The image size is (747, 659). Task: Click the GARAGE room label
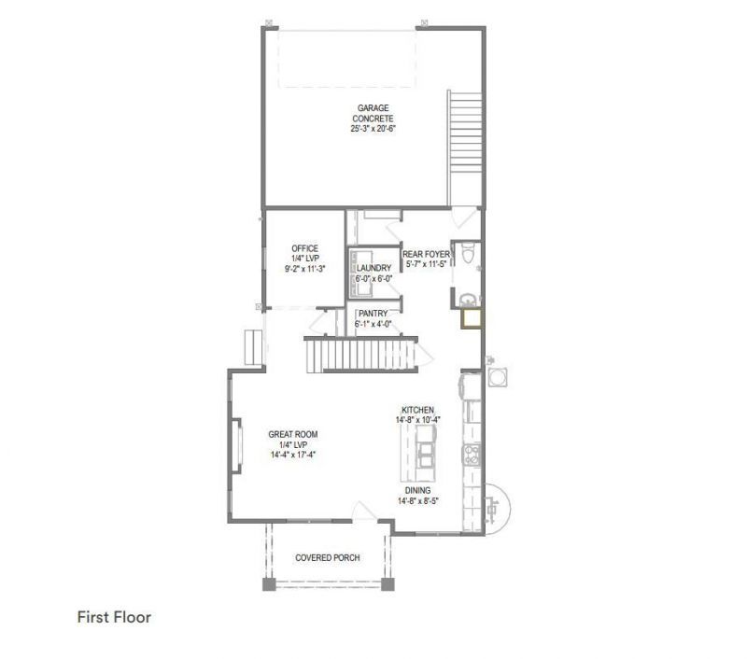pyautogui.click(x=373, y=108)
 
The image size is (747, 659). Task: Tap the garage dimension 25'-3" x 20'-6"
pyautogui.click(x=373, y=129)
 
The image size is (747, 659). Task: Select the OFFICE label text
pyautogui.click(x=305, y=248)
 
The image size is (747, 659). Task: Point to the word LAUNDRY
pyautogui.click(x=374, y=268)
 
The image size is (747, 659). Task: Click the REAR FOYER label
pyautogui.click(x=426, y=254)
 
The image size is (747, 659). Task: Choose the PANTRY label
pyautogui.click(x=373, y=314)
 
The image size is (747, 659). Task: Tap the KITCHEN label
pyautogui.click(x=417, y=410)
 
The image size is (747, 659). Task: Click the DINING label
pyautogui.click(x=417, y=490)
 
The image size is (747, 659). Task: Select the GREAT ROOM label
pyautogui.click(x=293, y=434)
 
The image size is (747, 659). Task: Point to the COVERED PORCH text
pyautogui.click(x=328, y=557)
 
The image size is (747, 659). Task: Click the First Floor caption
pyautogui.click(x=114, y=617)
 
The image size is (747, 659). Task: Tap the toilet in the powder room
pyautogui.click(x=469, y=253)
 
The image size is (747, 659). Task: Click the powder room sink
pyautogui.click(x=468, y=300)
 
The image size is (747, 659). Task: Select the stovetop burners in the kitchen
pyautogui.click(x=472, y=455)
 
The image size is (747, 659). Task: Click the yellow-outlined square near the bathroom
pyautogui.click(x=472, y=318)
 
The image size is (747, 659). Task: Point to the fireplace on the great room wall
pyautogui.click(x=237, y=445)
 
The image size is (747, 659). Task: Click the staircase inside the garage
pyautogui.click(x=465, y=148)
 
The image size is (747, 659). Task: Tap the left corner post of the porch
pyautogui.click(x=269, y=584)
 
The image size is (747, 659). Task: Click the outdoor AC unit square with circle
pyautogui.click(x=497, y=377)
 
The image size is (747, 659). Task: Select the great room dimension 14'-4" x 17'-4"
pyautogui.click(x=293, y=455)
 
